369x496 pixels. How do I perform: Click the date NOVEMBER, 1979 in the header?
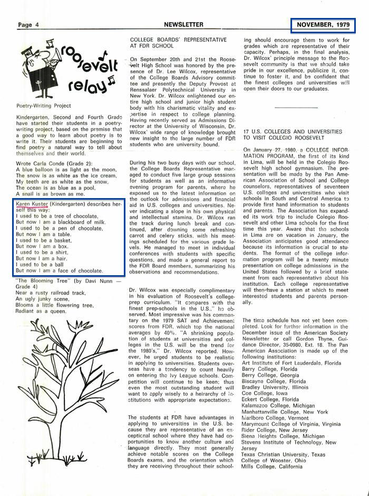point(323,25)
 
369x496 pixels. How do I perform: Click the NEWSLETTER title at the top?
point(183,25)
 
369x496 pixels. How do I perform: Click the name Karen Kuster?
point(35,203)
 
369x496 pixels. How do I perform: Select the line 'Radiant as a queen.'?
point(41,311)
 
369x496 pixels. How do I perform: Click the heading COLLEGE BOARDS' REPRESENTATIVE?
point(178,40)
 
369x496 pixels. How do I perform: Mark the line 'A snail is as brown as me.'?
point(51,194)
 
